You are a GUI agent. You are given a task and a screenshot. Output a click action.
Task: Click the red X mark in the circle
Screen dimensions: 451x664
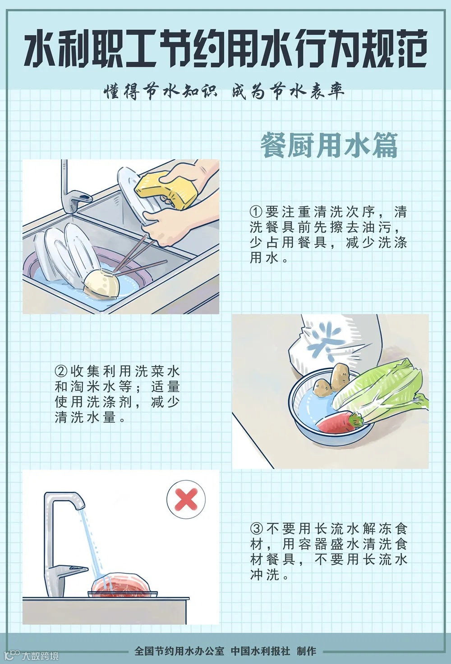[x=186, y=499]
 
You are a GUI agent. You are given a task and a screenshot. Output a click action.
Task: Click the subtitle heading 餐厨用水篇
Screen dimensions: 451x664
[x=329, y=145]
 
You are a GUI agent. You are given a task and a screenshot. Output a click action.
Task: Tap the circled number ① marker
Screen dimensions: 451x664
[x=256, y=212]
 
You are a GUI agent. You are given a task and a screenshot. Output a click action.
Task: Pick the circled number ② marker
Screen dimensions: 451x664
[x=61, y=371]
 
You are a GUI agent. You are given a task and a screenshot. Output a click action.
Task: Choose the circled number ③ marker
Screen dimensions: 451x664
[x=257, y=528]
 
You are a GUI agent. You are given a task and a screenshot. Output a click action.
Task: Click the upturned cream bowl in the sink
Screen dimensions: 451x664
[x=101, y=284]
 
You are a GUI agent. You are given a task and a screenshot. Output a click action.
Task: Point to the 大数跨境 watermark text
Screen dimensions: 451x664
[x=40, y=656]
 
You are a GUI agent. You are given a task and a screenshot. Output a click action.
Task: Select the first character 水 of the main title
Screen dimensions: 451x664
[x=41, y=49]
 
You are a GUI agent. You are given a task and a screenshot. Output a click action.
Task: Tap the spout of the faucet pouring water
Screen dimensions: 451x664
[x=79, y=502]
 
